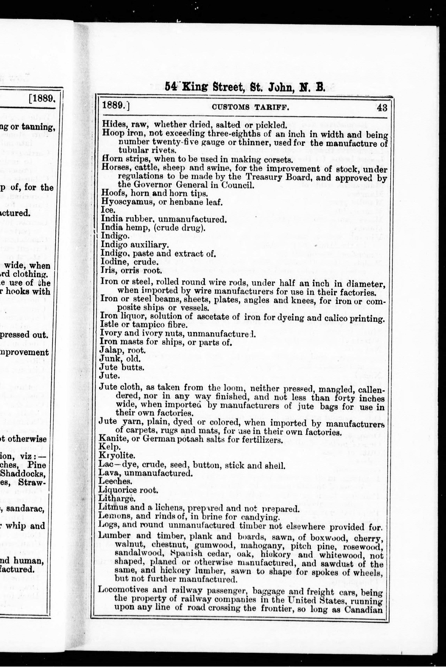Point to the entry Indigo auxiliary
tap(135, 245)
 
